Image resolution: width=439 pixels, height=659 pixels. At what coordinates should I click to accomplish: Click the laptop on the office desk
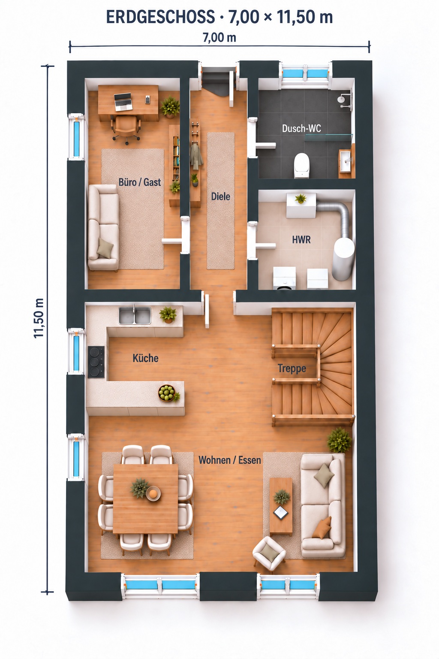(123, 102)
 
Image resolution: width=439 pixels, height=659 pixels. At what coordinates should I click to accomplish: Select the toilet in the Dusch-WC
(302, 165)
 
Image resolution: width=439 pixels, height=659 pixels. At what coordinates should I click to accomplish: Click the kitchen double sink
(135, 315)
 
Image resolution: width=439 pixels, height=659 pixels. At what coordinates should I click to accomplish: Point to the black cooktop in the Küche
(96, 362)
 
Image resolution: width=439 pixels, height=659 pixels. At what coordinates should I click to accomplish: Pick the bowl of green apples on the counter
(167, 393)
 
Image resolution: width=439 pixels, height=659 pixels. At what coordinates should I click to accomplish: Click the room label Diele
(220, 196)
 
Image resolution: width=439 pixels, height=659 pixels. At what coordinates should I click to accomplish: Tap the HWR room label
(301, 240)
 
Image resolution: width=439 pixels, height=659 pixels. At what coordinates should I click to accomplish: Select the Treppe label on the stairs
(292, 369)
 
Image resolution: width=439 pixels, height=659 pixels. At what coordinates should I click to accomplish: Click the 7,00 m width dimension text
(219, 38)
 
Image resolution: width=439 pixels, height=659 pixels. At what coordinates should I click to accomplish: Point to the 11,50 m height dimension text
(39, 318)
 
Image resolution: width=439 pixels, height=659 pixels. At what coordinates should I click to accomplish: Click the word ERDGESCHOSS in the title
(160, 17)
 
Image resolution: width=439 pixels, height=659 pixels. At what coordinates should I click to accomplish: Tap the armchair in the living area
(269, 553)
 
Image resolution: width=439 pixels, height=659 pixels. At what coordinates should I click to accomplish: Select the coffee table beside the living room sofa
(281, 507)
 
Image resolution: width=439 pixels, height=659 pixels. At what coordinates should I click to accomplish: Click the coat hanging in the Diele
(196, 156)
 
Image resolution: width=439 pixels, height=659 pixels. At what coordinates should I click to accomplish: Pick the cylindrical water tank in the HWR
(343, 259)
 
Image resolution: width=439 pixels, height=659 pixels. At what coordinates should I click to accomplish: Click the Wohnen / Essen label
(230, 460)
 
